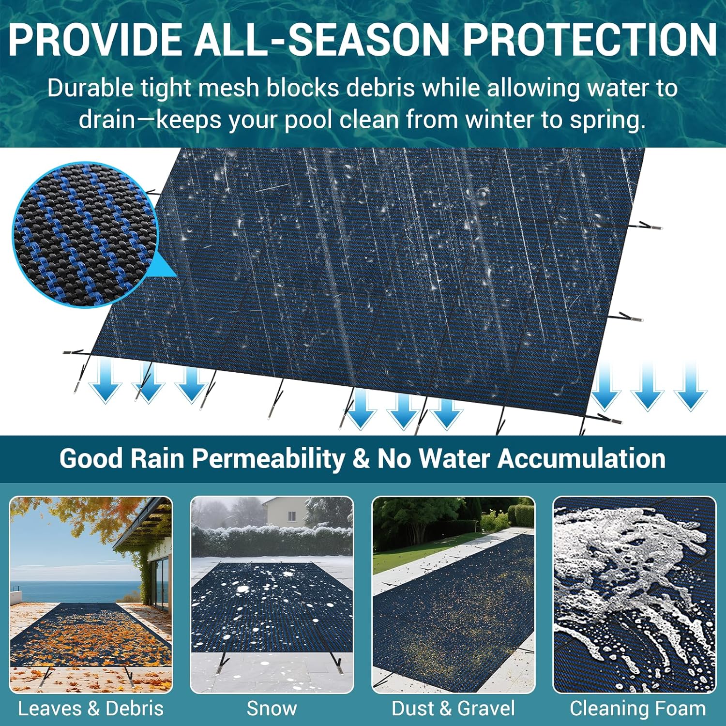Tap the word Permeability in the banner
[x=268, y=458]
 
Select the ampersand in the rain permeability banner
[x=361, y=458]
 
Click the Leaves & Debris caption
[x=91, y=709]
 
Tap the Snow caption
[x=272, y=709]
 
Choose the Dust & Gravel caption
[x=454, y=709]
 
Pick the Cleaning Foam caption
[x=638, y=709]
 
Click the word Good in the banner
[x=91, y=458]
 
